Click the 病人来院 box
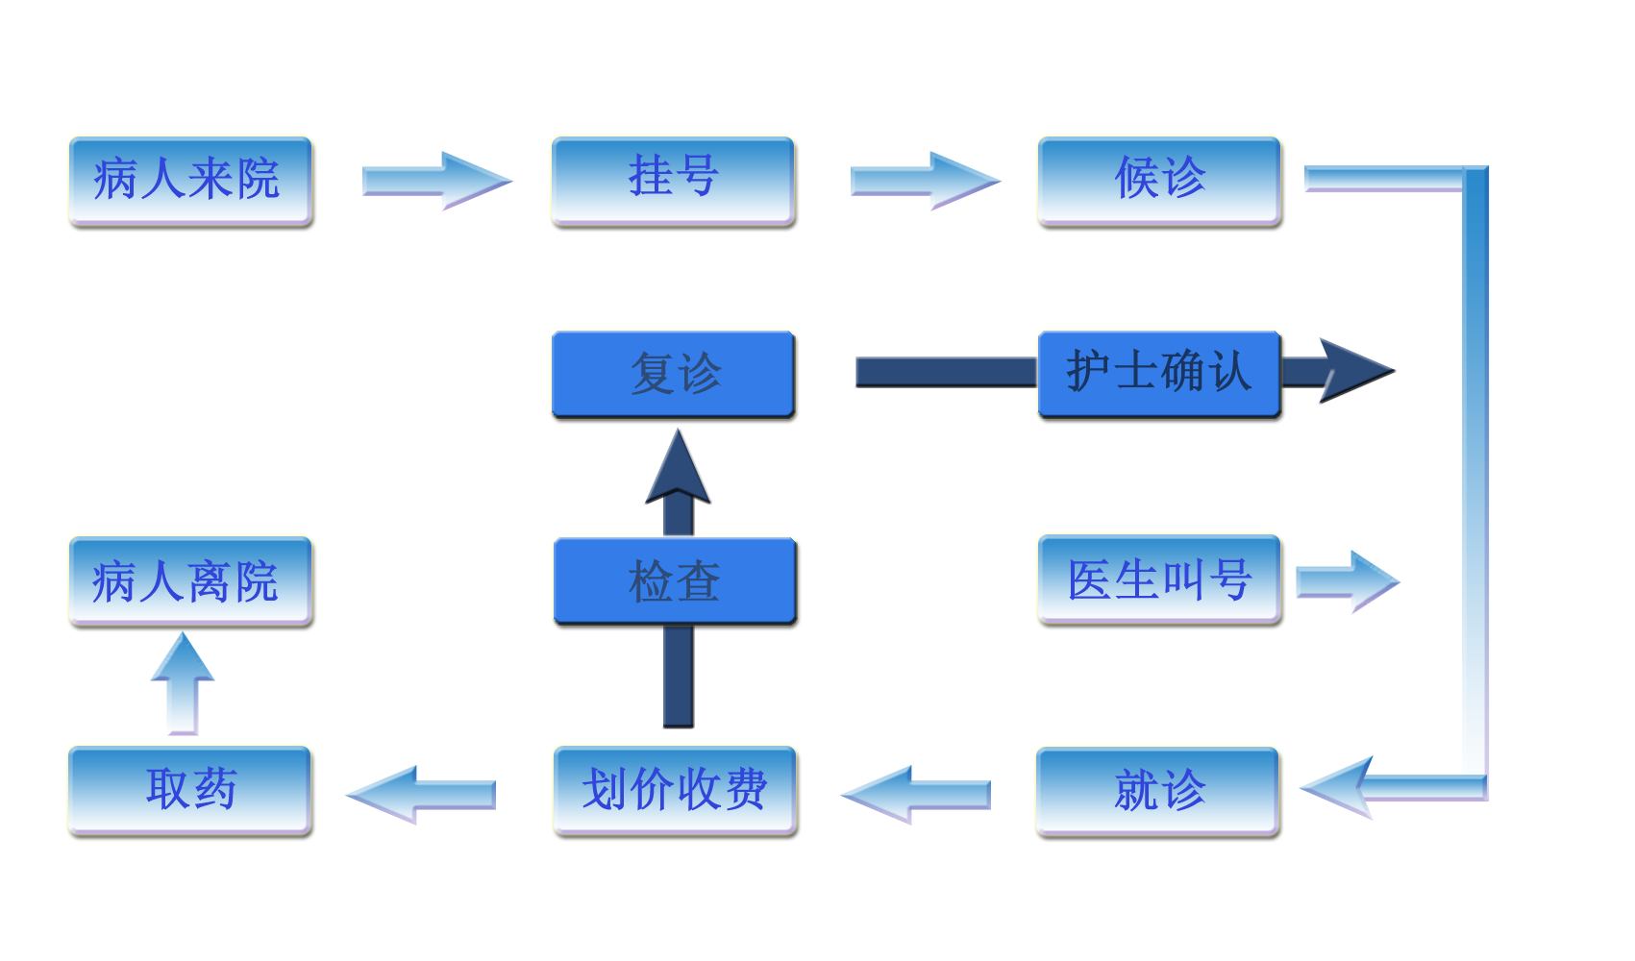[189, 181]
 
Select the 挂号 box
[673, 181]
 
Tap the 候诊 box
[1159, 181]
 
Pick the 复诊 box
[673, 375]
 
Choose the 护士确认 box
[1159, 375]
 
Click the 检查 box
[675, 581]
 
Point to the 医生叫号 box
[1159, 580]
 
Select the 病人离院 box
[189, 581]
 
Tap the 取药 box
[189, 791]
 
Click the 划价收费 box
[675, 791]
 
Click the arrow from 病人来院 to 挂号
[437, 181]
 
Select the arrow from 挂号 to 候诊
[925, 181]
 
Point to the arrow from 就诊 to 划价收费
[915, 794]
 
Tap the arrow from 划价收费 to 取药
[421, 794]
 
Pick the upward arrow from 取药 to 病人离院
[183, 682]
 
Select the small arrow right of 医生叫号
[1348, 581]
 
